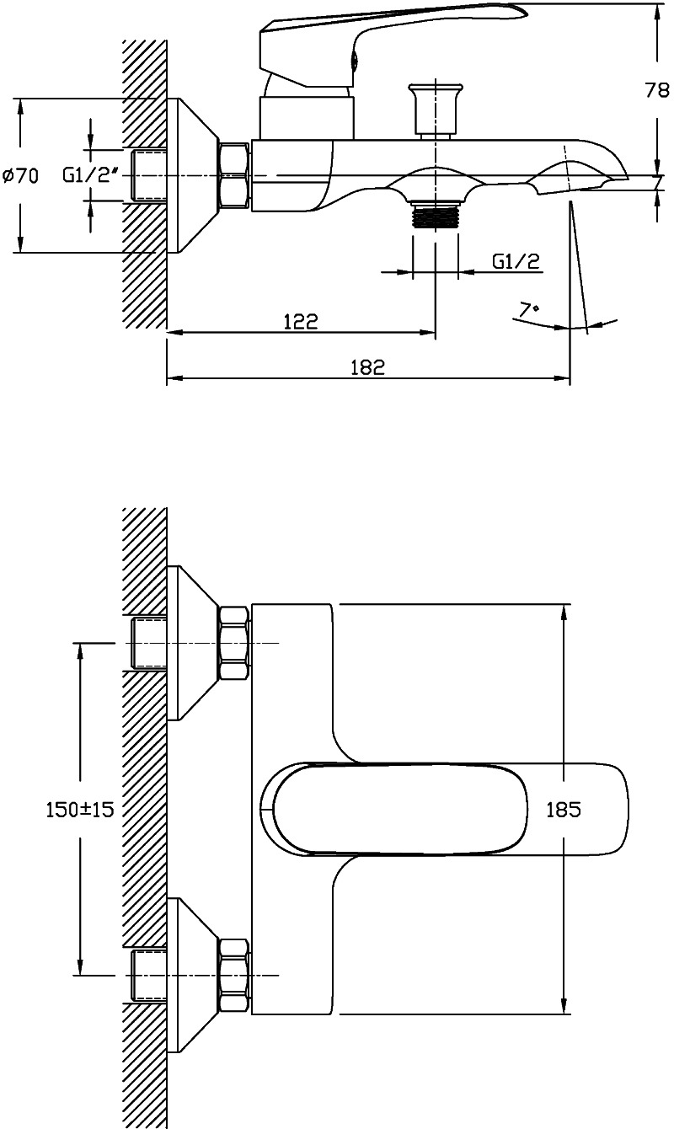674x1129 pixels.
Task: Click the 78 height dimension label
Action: [657, 90]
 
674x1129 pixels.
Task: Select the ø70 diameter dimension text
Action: [21, 176]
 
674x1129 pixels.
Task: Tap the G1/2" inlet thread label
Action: [91, 175]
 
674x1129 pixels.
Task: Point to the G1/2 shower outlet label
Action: [516, 261]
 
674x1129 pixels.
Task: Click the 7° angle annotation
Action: [529, 309]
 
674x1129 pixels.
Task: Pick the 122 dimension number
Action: [301, 321]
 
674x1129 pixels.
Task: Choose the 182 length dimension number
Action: [367, 367]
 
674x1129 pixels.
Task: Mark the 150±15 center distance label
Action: [80, 810]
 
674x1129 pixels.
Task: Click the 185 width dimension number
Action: [564, 810]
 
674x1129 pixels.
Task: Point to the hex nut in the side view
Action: [234, 175]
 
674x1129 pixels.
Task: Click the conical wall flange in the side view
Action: [192, 175]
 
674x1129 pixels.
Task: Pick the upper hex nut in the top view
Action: [234, 644]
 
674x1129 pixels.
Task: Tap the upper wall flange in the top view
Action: [192, 643]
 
